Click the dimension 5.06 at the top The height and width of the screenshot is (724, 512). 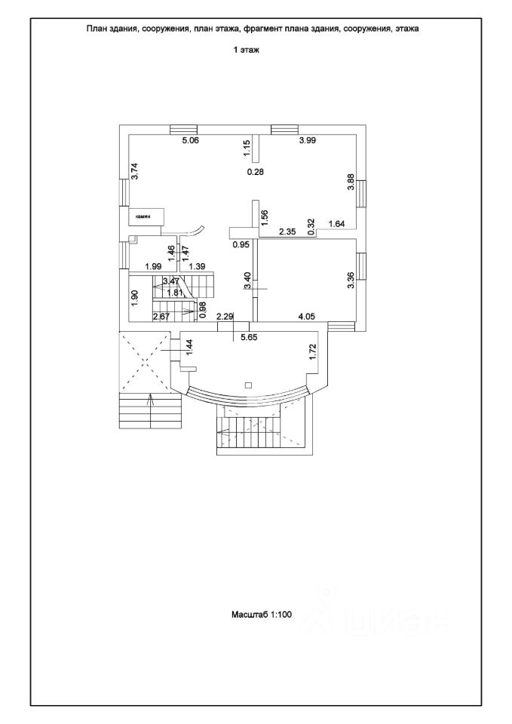[x=190, y=140]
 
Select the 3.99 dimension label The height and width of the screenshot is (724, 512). [x=307, y=140]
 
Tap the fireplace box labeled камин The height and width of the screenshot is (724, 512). [x=147, y=216]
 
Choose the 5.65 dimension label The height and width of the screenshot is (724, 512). [x=249, y=337]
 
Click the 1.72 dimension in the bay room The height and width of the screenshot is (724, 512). [x=313, y=351]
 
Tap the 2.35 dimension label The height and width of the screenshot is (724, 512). [x=287, y=232]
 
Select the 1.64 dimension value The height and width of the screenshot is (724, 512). [x=337, y=223]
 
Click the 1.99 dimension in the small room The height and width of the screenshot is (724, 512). [x=153, y=266]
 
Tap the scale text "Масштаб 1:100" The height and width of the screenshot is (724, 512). [x=261, y=615]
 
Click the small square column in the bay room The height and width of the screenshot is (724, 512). [x=249, y=385]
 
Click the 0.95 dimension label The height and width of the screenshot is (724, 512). [x=241, y=244]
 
